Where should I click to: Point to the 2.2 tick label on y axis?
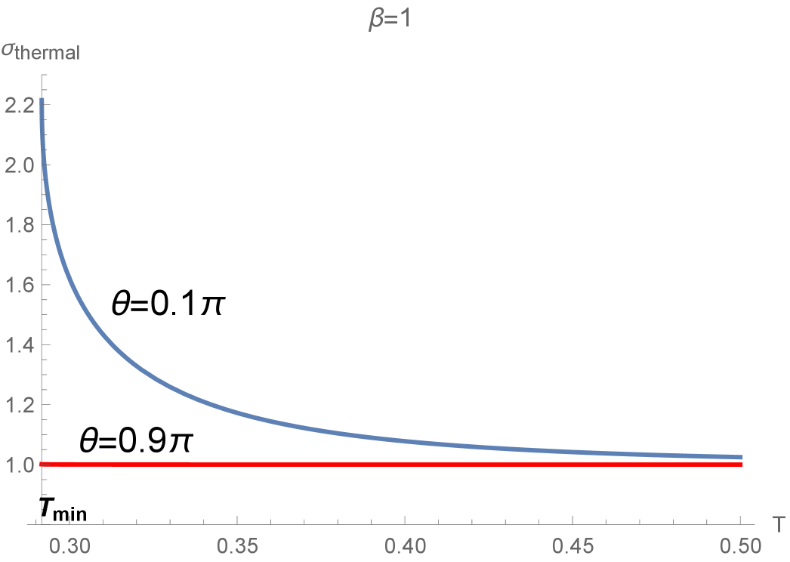point(20,105)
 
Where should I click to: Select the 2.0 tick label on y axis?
point(20,165)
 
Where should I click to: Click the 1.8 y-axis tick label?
point(20,225)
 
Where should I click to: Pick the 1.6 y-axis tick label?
point(20,286)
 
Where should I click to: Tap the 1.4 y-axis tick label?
point(20,345)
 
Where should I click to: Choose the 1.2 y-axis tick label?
point(20,406)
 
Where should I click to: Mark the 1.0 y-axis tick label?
point(20,465)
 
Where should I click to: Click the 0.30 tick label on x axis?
point(69,544)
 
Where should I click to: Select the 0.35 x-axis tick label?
point(237,544)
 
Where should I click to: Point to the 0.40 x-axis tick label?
point(405,544)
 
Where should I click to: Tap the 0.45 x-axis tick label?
point(572,544)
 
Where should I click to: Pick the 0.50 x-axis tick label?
point(740,544)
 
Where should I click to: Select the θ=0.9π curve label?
point(135,442)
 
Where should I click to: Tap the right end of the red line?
point(742,464)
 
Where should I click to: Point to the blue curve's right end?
point(742,458)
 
